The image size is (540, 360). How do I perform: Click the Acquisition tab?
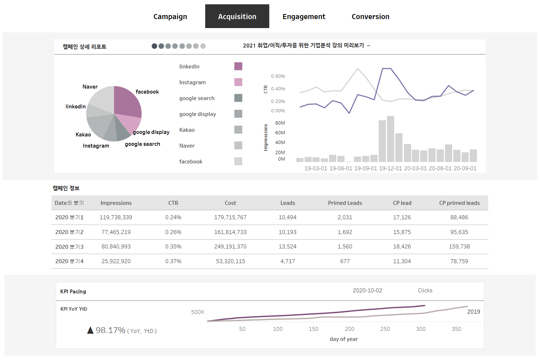click(x=237, y=17)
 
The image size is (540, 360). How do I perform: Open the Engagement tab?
click(x=304, y=17)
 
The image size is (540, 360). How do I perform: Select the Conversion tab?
click(x=370, y=17)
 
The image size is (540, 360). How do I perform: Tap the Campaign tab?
click(x=170, y=17)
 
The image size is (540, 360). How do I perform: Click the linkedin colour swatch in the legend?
click(x=238, y=66)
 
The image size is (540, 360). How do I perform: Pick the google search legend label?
click(x=197, y=98)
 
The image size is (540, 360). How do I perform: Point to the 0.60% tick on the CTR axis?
click(x=278, y=76)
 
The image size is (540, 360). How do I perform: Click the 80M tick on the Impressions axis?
click(x=280, y=123)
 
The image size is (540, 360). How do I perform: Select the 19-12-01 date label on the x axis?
click(x=390, y=168)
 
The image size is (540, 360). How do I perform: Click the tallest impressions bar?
click(x=390, y=139)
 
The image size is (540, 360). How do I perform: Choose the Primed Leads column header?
click(x=345, y=203)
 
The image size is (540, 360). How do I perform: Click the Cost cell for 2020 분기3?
click(x=230, y=247)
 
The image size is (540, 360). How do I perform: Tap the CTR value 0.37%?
click(x=173, y=261)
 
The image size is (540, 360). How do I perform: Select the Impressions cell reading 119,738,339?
click(x=116, y=217)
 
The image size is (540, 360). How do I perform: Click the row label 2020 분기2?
click(x=69, y=232)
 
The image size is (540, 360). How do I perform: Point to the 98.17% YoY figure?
click(x=111, y=330)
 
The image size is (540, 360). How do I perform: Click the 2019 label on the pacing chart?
click(x=473, y=312)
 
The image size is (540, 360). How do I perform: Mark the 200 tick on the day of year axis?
click(x=349, y=329)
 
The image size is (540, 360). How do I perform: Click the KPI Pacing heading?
click(x=73, y=292)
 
